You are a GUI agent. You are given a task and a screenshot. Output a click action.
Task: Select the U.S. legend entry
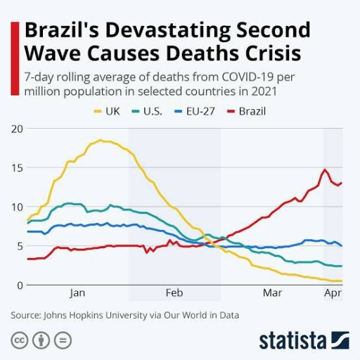149,111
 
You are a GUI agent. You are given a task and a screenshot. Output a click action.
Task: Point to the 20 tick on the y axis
17,129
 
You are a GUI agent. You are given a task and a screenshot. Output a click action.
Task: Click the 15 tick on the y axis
17,167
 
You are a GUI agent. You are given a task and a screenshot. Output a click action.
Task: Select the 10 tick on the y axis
17,207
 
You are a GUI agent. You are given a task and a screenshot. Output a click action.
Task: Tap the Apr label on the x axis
333,292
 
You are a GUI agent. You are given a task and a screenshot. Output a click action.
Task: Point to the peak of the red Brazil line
324,169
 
